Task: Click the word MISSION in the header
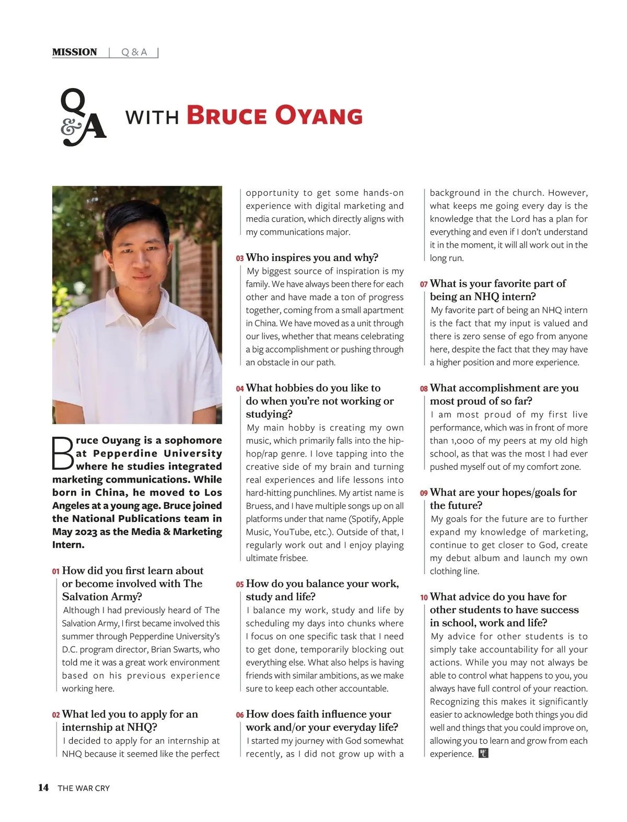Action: (75, 52)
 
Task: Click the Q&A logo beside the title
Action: (83, 117)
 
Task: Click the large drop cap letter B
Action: (63, 453)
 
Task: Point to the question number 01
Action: (56, 571)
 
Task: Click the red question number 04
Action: (240, 389)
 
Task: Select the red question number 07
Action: (424, 284)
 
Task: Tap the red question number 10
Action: (424, 598)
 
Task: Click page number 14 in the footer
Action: (43, 788)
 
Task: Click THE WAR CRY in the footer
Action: (84, 788)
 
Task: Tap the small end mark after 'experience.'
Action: (483, 753)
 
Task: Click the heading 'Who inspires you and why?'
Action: (312, 257)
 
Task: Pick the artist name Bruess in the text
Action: (259, 506)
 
